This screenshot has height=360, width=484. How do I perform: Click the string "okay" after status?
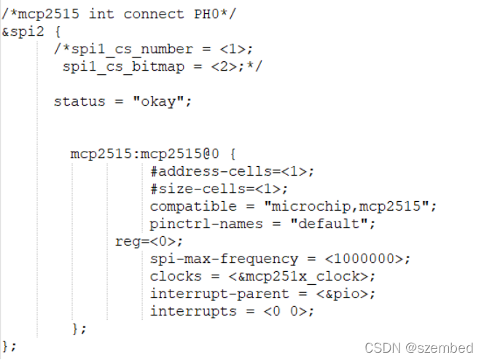pyautogui.click(x=162, y=101)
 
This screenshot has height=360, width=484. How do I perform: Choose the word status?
pyautogui.click(x=79, y=101)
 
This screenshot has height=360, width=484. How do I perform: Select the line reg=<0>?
pyautogui.click(x=149, y=241)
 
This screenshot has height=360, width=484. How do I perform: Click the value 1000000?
pyautogui.click(x=367, y=259)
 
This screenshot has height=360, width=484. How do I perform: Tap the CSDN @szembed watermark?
pyautogui.click(x=418, y=348)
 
